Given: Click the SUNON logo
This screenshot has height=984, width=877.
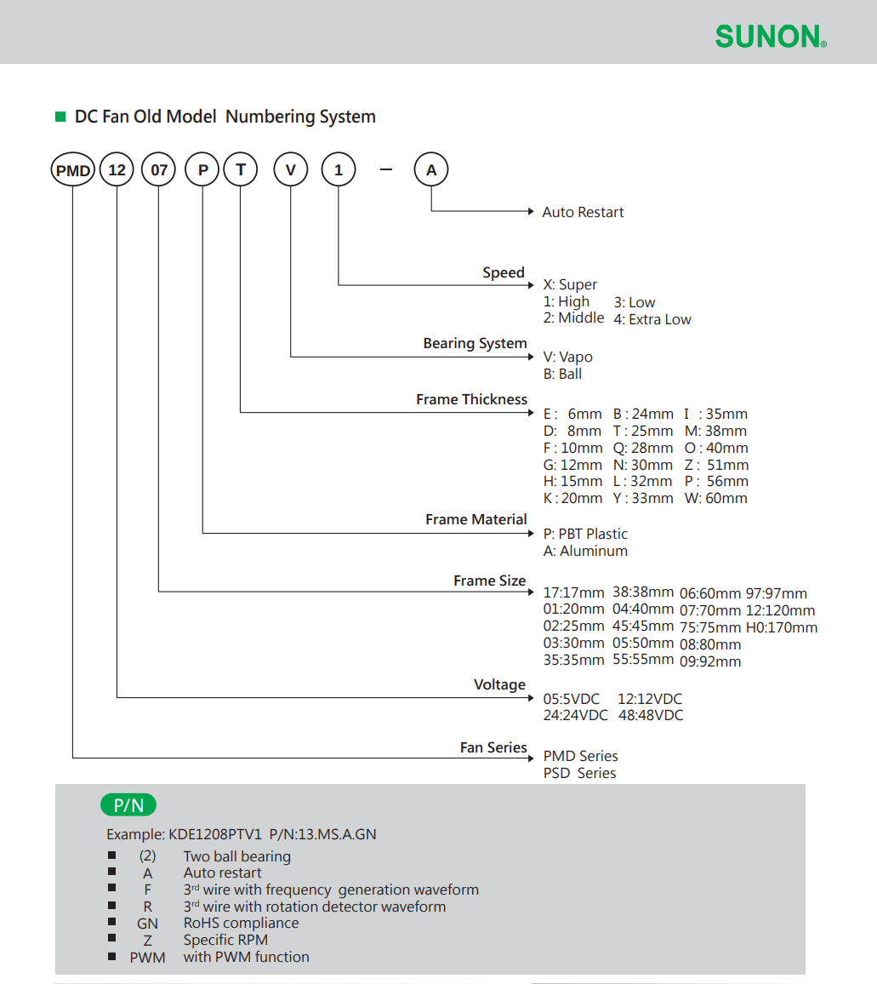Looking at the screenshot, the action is coord(771,37).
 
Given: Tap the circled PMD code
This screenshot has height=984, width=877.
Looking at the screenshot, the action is coord(73,169).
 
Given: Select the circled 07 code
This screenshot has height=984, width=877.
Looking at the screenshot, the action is coord(159,169).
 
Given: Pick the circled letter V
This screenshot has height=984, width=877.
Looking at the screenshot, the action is coord(290,169).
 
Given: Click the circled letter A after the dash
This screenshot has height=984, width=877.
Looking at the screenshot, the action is coord(431,169).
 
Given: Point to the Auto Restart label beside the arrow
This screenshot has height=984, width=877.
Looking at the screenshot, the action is coord(583,212).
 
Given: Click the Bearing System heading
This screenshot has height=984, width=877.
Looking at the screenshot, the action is coord(475,343).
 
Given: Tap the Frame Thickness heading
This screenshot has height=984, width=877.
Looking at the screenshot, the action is coord(472,399).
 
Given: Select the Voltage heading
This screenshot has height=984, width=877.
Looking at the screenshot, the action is coord(500,684).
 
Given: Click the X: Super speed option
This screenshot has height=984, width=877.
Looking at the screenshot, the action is coord(570,284).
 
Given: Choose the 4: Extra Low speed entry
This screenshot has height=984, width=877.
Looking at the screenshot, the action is coord(652,319).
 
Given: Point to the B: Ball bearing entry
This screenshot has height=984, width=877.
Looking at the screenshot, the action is coord(563,374).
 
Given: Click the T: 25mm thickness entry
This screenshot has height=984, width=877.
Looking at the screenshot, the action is coord(643,431).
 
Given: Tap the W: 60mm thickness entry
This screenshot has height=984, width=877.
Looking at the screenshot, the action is coord(715,498).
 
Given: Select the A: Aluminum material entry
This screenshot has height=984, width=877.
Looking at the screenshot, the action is coord(585,551).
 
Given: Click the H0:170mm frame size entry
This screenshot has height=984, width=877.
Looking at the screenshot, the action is coord(782,627).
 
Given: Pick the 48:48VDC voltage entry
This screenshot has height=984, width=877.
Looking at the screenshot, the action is coord(651,715).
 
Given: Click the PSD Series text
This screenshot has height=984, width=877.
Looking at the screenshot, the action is coord(579,773).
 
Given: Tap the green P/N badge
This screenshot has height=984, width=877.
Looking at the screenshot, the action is coord(128,804).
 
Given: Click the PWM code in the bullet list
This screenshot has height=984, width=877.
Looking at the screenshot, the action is coord(147,958).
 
